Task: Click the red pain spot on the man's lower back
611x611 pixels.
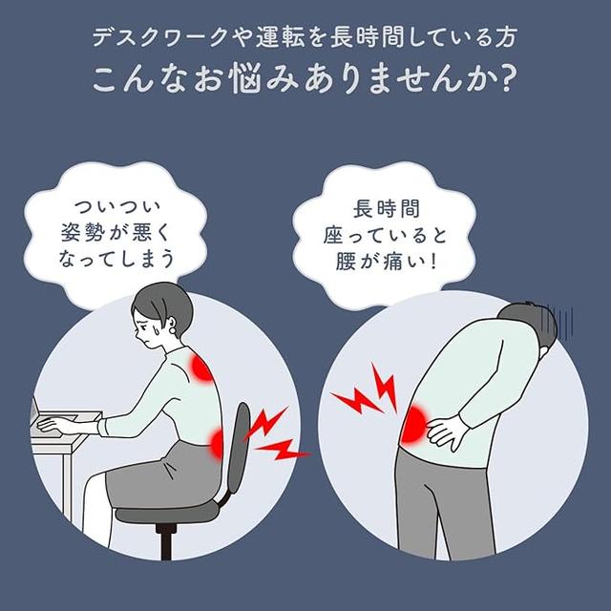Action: click(417, 426)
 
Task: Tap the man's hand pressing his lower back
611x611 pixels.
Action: click(450, 435)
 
